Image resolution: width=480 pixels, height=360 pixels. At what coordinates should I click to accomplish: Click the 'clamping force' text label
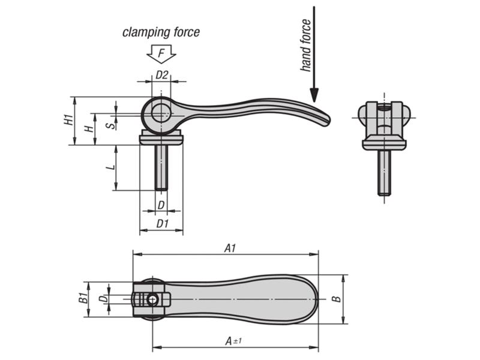coord(161,32)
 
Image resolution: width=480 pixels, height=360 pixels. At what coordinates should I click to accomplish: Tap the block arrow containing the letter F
coord(161,55)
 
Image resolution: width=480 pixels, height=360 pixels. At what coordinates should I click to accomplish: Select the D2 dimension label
coord(161,75)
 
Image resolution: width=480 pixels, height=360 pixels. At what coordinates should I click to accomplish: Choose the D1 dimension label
coord(161,223)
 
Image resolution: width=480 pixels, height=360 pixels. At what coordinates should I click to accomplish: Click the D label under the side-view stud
coord(161,205)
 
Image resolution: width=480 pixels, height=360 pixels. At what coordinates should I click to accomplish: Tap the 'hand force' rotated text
coord(305,46)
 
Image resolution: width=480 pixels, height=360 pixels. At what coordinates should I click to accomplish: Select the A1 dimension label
coord(229,247)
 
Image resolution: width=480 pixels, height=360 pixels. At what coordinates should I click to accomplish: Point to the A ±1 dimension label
coord(233,341)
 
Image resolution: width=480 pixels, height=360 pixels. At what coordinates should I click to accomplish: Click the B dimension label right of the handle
coord(337,299)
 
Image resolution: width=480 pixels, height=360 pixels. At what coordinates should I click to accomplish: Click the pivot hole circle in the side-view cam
coord(160,112)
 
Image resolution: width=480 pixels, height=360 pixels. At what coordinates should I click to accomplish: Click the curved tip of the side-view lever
coord(323,120)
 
